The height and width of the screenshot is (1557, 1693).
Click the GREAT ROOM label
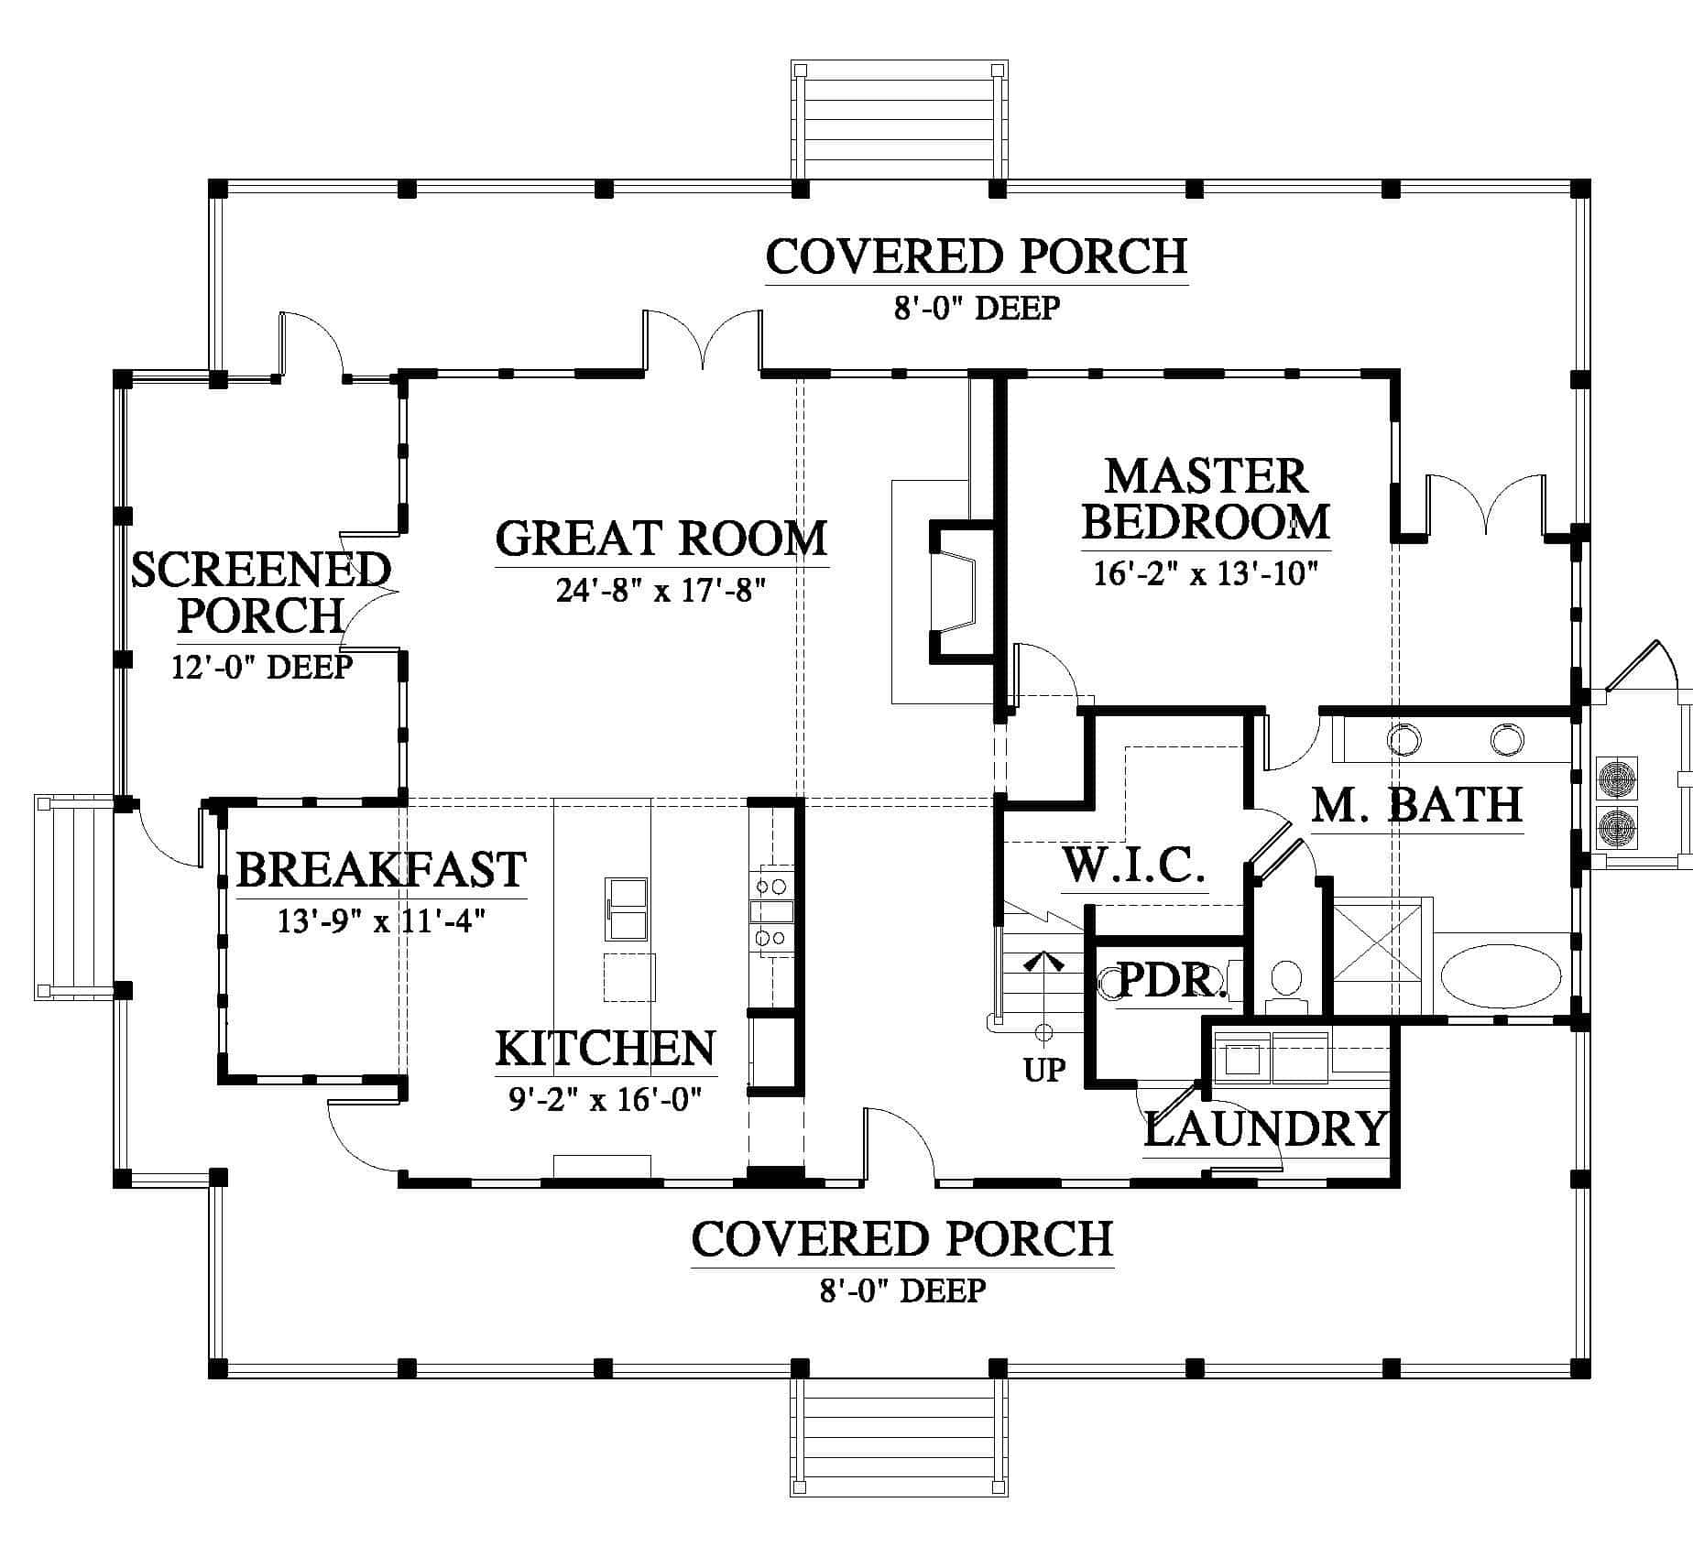[x=661, y=539]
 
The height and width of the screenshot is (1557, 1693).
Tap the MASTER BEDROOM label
[x=1206, y=499]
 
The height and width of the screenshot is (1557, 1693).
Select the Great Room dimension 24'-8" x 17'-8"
[x=661, y=591]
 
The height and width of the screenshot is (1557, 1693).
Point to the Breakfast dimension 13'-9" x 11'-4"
[x=381, y=919]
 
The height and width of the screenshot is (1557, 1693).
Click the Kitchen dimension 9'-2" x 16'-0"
[x=606, y=1097]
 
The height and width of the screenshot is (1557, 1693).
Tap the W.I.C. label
[x=1133, y=866]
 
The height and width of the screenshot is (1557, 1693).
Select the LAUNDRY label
[x=1265, y=1128]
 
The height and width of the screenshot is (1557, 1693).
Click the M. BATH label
[x=1417, y=805]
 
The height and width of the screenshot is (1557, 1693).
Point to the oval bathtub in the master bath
[x=1501, y=977]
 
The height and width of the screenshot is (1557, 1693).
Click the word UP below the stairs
[x=1044, y=1070]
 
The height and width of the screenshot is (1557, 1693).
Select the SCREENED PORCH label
[x=261, y=593]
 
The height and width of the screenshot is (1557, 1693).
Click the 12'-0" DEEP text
[x=262, y=667]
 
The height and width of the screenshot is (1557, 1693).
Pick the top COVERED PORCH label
[x=977, y=256]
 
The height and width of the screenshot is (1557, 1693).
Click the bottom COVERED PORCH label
[x=902, y=1239]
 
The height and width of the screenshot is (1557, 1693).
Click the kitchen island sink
[x=626, y=909]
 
